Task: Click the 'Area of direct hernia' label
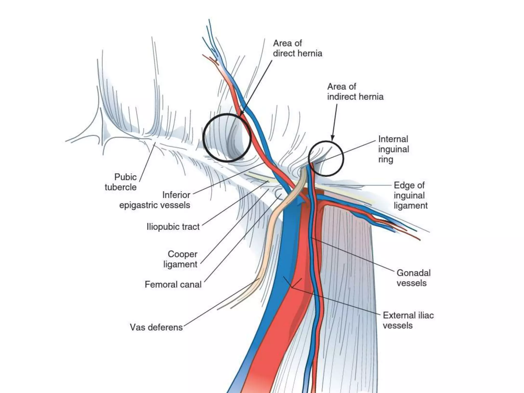(297, 48)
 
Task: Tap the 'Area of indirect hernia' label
(355, 92)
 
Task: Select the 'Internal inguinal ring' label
(394, 149)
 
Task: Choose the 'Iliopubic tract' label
(173, 227)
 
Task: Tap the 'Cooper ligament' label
(180, 259)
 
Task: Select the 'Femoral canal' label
(173, 285)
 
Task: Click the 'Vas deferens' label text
(156, 327)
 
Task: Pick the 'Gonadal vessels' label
(413, 278)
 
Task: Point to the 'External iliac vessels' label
(408, 320)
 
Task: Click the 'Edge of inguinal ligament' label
(410, 195)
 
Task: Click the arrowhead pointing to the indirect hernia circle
(333, 138)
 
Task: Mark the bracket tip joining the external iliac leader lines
(292, 288)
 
